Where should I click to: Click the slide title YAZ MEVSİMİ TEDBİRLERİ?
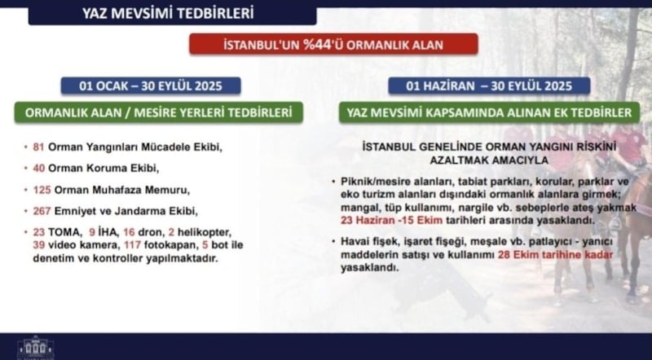168,13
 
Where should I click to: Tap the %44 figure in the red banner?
318,44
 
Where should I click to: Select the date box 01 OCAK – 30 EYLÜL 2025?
151,86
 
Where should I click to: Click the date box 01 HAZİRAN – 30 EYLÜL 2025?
489,86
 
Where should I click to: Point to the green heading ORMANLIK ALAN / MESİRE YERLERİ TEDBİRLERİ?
158,112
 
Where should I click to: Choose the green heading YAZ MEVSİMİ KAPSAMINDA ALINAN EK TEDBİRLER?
489,112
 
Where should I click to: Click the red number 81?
38,147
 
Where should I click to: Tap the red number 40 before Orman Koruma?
39,169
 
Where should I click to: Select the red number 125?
42,190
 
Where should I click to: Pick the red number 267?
42,211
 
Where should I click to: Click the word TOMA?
64,232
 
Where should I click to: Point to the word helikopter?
205,232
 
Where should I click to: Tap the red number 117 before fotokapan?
133,245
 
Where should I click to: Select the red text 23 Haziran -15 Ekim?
392,220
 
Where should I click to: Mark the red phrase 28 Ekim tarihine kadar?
556,254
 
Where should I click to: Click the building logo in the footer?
36,348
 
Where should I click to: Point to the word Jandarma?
140,211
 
